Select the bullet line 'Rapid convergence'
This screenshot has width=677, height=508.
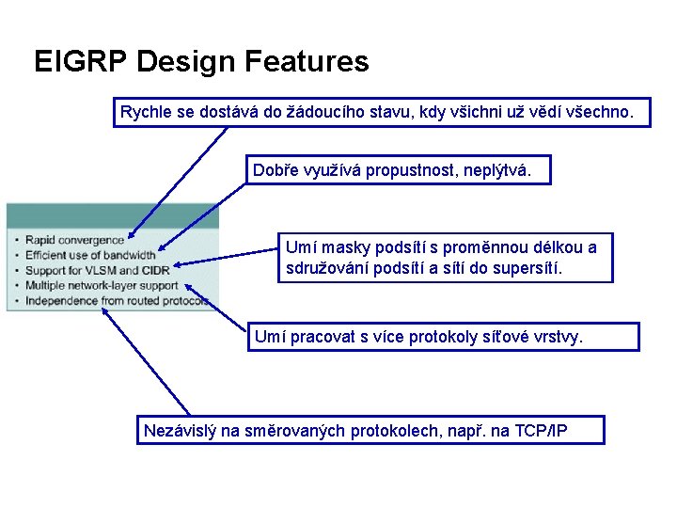74,240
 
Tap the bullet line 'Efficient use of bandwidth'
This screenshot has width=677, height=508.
90,255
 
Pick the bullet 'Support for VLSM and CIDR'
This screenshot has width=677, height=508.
90,270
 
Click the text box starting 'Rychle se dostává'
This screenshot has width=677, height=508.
383,114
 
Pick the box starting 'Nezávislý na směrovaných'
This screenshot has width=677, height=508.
370,431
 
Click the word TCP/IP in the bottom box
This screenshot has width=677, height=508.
548,431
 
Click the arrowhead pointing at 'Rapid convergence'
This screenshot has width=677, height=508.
133,236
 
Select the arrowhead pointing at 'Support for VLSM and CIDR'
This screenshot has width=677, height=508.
180,267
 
